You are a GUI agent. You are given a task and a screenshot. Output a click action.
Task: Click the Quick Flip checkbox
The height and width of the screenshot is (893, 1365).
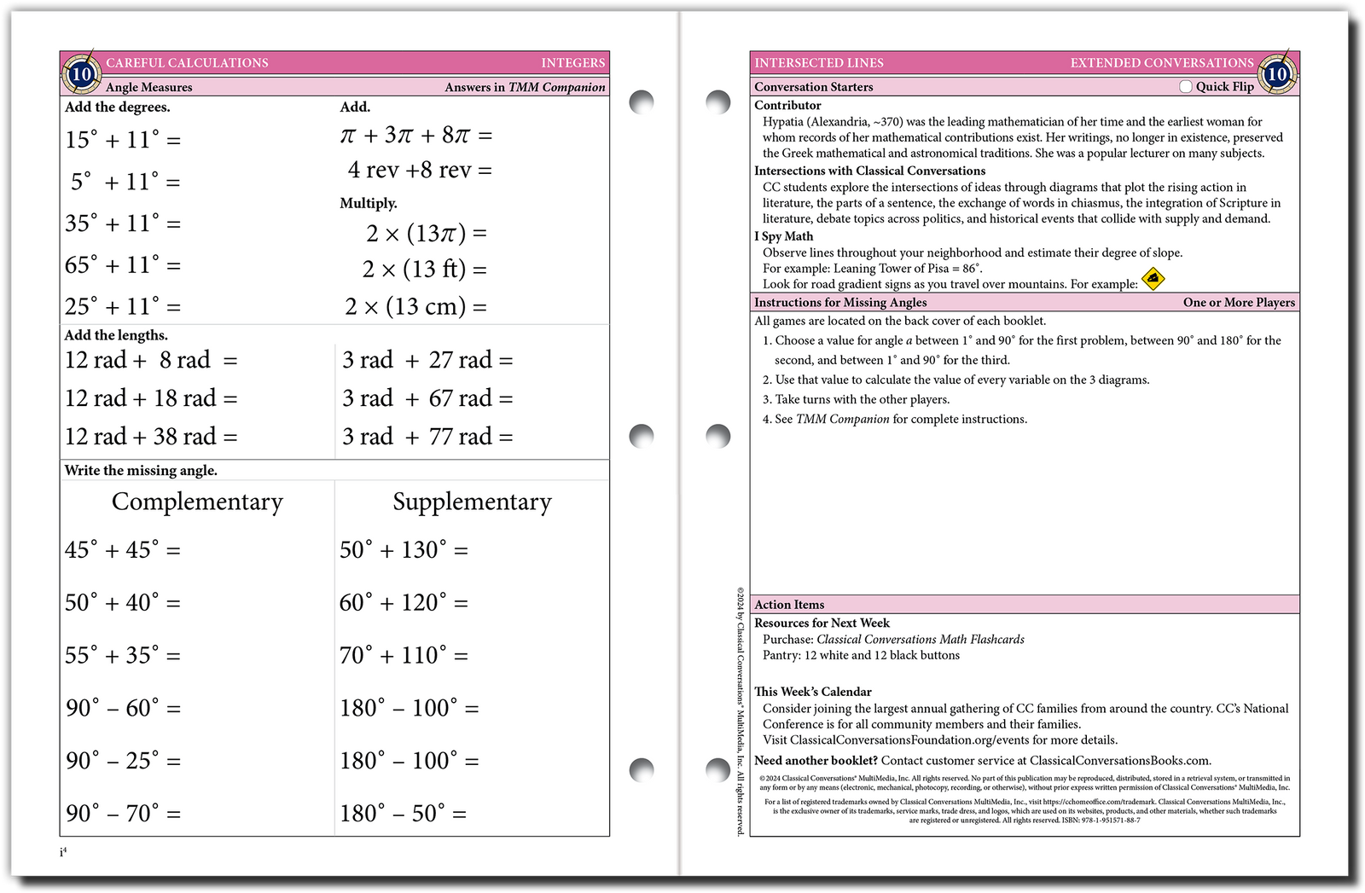coord(1186,86)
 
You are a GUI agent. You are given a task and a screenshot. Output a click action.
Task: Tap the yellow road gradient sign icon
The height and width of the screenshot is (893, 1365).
coord(1153,278)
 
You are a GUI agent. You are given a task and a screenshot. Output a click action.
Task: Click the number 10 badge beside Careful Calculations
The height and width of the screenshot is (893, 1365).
coord(81,74)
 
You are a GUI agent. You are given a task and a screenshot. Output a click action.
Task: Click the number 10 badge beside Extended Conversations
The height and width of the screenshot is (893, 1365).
coord(1276,74)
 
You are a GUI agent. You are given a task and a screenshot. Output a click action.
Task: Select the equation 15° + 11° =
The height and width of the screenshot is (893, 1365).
coord(123,139)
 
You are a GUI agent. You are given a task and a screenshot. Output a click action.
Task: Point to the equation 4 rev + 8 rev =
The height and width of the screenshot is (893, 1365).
coord(419,170)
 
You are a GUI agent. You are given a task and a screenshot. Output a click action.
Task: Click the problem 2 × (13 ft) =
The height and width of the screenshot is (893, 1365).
coord(424,270)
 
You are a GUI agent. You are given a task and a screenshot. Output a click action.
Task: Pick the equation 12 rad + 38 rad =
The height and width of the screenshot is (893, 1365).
coord(151,437)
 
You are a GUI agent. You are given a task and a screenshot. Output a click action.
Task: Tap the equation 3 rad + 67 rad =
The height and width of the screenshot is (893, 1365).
coord(427,398)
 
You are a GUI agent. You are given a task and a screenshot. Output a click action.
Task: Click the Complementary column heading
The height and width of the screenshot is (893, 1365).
coord(197,502)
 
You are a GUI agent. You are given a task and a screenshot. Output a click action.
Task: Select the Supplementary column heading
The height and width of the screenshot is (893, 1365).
coord(472,502)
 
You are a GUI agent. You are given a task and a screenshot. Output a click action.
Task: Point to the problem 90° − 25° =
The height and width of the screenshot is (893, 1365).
coord(123,760)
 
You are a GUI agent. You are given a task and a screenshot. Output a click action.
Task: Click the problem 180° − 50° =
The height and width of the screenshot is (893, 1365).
coord(403,813)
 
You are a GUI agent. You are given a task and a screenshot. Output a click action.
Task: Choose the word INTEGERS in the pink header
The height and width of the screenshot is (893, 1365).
coord(572,63)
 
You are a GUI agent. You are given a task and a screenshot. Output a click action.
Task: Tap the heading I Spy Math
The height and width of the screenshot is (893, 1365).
coord(783,236)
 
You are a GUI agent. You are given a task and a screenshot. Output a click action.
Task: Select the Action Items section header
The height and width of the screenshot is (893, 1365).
coord(789,605)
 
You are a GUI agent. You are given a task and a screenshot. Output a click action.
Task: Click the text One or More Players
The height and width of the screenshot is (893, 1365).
coord(1239,303)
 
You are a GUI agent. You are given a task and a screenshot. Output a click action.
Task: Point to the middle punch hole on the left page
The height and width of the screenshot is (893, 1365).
coord(641,436)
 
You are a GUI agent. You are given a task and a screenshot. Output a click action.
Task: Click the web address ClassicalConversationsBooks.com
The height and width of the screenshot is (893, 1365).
coord(1119,761)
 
